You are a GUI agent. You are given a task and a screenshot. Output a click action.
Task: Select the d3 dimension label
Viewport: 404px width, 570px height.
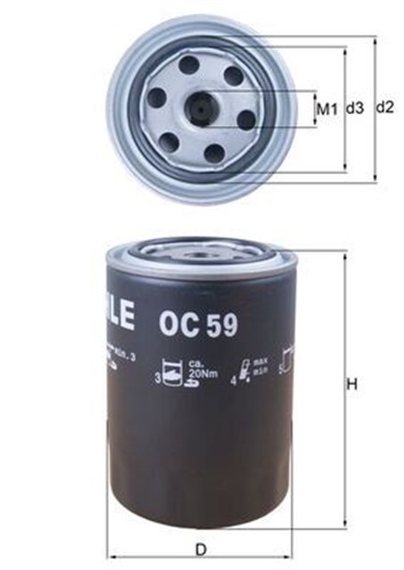tap(355, 109)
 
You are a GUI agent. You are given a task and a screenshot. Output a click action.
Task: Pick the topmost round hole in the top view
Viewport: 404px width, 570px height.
tap(188, 64)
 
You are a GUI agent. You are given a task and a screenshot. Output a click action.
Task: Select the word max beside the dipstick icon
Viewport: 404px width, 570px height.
tap(260, 362)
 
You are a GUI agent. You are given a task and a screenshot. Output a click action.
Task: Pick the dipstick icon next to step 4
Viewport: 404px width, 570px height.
tap(244, 370)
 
